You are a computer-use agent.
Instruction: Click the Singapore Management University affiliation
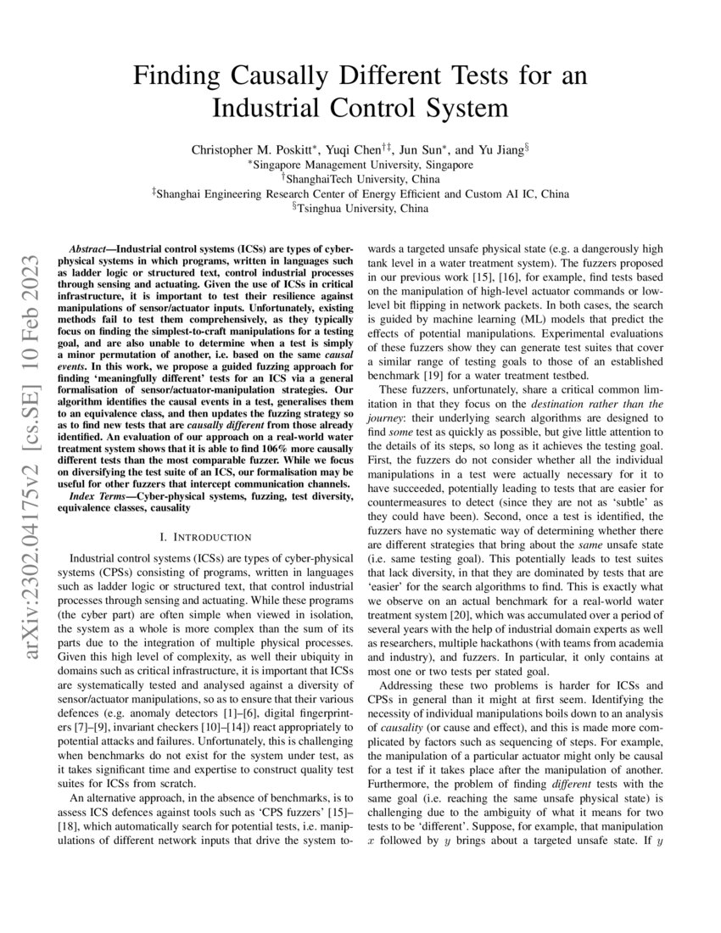tap(360, 165)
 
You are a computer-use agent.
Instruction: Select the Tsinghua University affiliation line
tap(360, 208)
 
